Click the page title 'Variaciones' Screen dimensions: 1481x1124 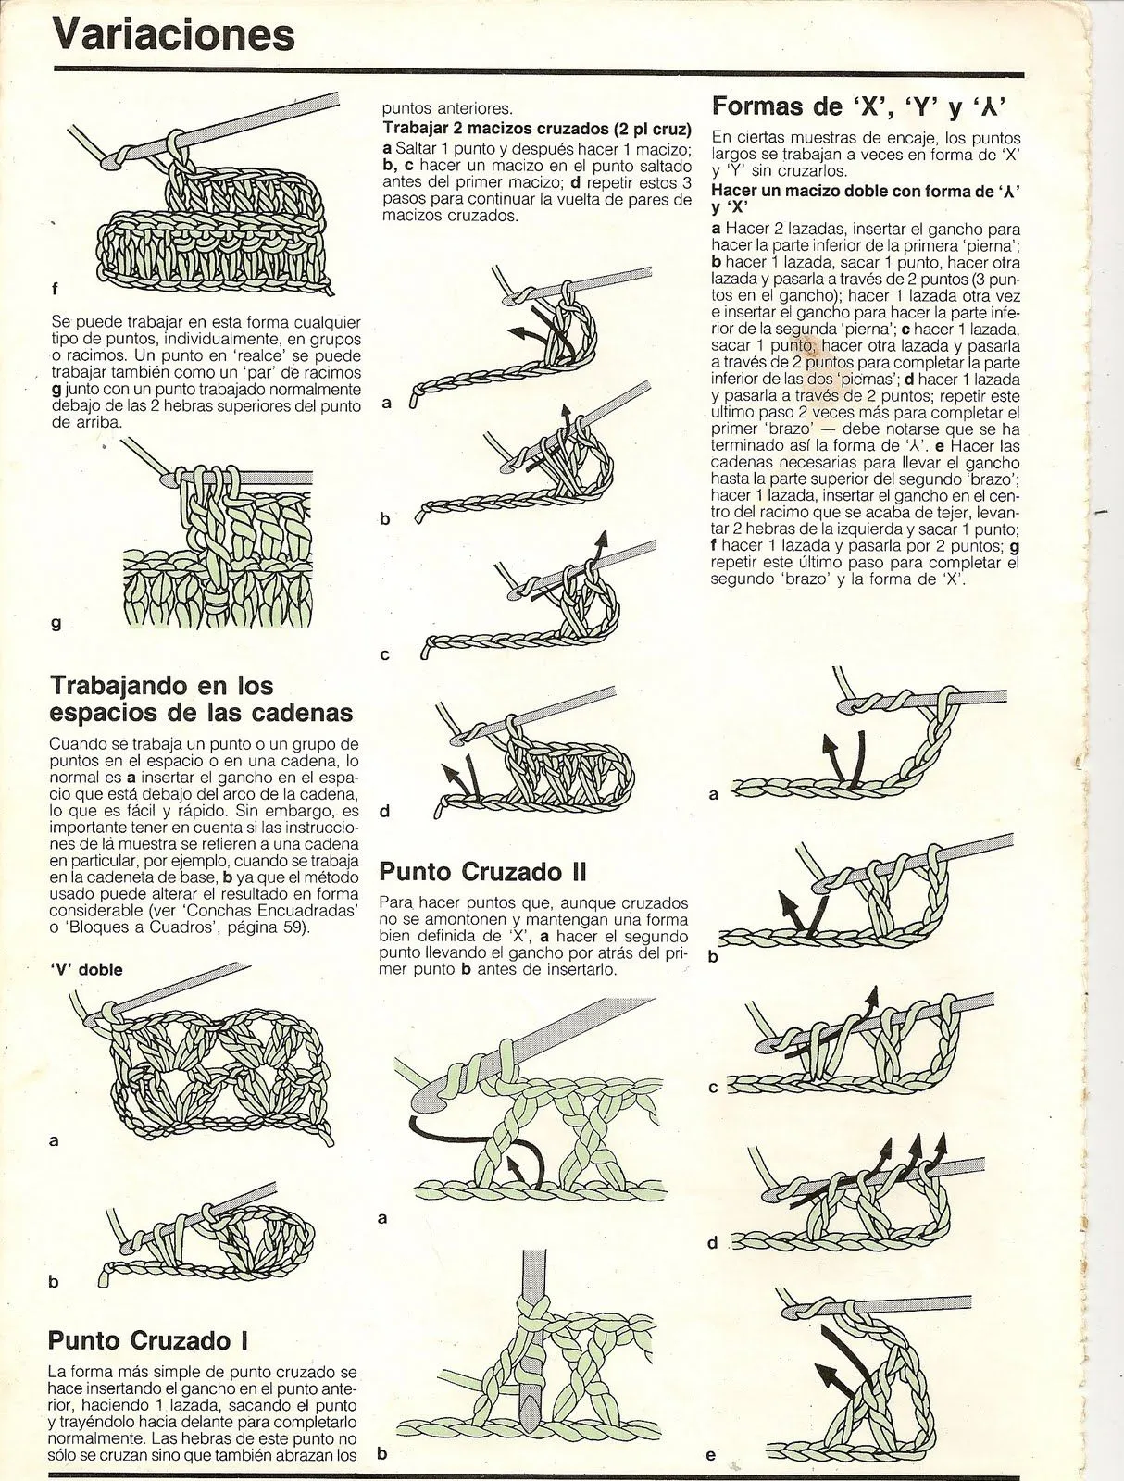[173, 35]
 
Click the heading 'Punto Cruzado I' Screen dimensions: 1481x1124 [148, 1339]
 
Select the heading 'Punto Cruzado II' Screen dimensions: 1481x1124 [483, 871]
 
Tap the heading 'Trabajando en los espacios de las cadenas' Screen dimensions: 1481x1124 [200, 699]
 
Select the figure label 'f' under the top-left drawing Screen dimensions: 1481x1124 [55, 289]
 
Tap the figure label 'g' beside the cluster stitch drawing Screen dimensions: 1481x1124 [56, 623]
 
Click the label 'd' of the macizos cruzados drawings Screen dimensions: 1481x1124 [385, 812]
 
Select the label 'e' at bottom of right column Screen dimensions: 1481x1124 [710, 1454]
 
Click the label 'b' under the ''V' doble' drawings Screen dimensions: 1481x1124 [53, 1282]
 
